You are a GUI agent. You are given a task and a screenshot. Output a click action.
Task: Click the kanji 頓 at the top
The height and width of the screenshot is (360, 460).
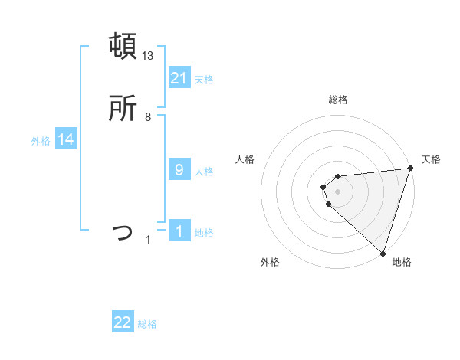coord(123,45)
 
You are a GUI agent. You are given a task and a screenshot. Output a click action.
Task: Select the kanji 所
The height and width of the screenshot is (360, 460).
coord(123,108)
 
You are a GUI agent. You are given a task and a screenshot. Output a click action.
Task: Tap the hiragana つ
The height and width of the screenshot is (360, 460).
coord(123,231)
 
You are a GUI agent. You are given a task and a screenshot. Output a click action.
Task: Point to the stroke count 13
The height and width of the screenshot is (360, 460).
coord(148,55)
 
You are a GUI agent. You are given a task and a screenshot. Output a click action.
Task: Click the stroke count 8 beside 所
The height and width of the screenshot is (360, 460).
coord(148,117)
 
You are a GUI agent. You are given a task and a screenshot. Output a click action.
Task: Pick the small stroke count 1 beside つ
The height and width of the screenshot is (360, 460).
coord(149,240)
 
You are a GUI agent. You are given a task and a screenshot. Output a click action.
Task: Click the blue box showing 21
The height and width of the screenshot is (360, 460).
coord(179,77)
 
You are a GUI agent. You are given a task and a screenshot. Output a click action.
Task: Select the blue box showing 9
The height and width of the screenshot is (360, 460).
coord(179,169)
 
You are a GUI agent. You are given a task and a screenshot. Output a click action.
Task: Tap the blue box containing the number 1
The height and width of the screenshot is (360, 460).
coord(179,231)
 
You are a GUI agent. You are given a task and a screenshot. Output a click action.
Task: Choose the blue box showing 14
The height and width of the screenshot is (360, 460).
coord(66,139)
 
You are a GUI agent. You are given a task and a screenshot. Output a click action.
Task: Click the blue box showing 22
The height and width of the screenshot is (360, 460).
coord(123,322)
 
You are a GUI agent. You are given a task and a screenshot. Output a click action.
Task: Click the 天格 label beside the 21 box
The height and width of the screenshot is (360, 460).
coord(204,79)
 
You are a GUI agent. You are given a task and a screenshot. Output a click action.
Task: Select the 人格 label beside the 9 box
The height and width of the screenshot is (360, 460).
coord(204,171)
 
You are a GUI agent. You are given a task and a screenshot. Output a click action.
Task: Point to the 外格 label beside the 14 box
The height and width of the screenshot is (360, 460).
coord(41,141)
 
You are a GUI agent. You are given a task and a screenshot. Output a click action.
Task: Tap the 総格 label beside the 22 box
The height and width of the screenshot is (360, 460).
coord(147,324)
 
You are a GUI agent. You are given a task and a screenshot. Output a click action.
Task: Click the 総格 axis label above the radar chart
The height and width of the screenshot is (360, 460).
coord(338,100)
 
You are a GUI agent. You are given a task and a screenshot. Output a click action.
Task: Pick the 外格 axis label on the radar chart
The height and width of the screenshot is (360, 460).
coord(270,263)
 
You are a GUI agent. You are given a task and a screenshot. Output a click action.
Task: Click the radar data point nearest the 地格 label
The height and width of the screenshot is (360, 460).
coord(383,253)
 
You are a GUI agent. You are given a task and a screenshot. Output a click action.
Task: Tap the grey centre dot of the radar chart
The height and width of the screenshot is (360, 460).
coord(338,191)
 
